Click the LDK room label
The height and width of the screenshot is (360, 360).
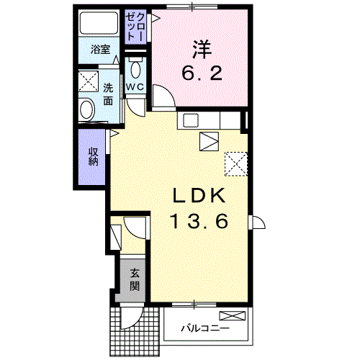click(x=200, y=196)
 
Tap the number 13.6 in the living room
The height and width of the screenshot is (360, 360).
click(x=200, y=222)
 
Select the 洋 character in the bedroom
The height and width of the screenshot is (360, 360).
click(x=201, y=50)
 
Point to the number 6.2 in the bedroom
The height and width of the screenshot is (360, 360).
click(x=201, y=73)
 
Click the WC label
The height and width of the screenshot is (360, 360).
click(x=135, y=87)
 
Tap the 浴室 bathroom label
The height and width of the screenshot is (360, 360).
click(x=100, y=50)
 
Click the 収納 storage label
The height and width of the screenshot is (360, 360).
click(x=94, y=156)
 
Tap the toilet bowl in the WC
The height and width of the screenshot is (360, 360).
click(x=136, y=71)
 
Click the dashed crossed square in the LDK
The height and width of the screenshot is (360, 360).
click(x=235, y=163)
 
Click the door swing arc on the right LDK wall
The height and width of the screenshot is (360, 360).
click(x=257, y=222)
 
